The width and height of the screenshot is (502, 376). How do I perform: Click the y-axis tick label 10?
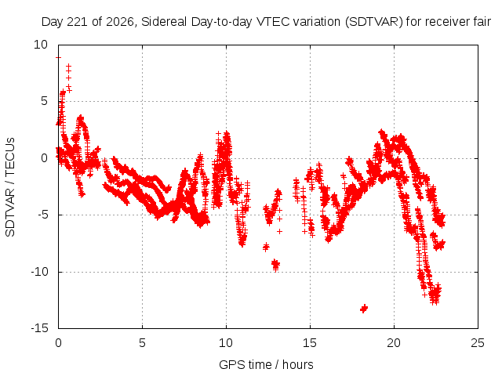coord(40,45)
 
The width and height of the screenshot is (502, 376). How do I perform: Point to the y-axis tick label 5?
coord(44,101)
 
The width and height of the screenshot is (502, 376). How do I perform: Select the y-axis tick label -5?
coord(42,215)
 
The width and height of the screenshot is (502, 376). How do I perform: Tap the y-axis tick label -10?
coord(39,272)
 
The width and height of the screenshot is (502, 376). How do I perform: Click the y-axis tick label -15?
coord(39,328)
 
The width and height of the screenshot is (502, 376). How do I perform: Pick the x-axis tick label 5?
coord(142,343)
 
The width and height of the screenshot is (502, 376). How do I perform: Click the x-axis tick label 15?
coord(310,343)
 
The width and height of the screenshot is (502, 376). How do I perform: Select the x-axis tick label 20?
coord(394,343)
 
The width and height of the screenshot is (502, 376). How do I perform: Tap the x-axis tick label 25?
coord(478,343)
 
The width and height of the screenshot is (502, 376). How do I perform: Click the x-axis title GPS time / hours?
coord(266,364)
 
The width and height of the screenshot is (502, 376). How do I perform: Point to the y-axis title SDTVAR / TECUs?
coord(10,187)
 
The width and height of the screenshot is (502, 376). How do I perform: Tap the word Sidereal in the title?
coord(164,22)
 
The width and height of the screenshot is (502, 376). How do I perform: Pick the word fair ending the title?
coord(482,22)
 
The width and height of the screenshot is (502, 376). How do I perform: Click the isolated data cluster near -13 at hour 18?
coord(364,309)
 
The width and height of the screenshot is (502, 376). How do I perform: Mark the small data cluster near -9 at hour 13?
coord(275,265)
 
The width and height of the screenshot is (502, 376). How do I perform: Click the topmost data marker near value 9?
coord(58,57)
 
